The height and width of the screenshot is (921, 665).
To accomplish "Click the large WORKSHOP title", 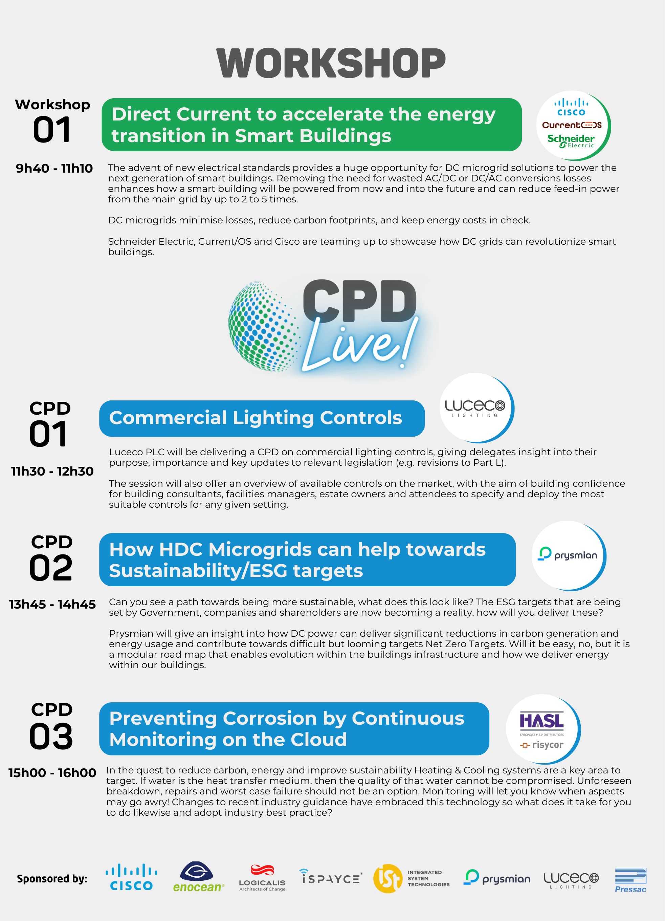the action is click(331, 63).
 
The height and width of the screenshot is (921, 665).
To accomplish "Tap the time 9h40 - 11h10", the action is click(54, 168).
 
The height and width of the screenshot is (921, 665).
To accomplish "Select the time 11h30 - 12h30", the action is click(52, 471).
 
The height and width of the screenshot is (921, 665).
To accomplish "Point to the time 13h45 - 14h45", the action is click(52, 604).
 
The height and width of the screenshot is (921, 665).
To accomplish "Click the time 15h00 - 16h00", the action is click(52, 773).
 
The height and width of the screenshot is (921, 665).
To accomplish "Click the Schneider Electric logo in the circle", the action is click(571, 141).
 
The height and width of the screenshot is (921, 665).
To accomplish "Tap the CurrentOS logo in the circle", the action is click(572, 125).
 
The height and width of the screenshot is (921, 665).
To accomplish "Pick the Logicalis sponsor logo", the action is click(262, 878).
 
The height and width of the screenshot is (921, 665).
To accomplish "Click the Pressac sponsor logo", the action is click(630, 880).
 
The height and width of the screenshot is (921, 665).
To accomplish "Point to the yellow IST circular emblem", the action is click(388, 878).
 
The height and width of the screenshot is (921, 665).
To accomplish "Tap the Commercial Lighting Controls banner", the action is click(262, 418).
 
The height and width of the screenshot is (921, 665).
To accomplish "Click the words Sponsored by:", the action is click(52, 879).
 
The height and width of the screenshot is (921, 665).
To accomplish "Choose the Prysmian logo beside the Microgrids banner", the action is click(568, 554).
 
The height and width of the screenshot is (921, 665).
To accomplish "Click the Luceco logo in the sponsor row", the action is click(571, 880).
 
